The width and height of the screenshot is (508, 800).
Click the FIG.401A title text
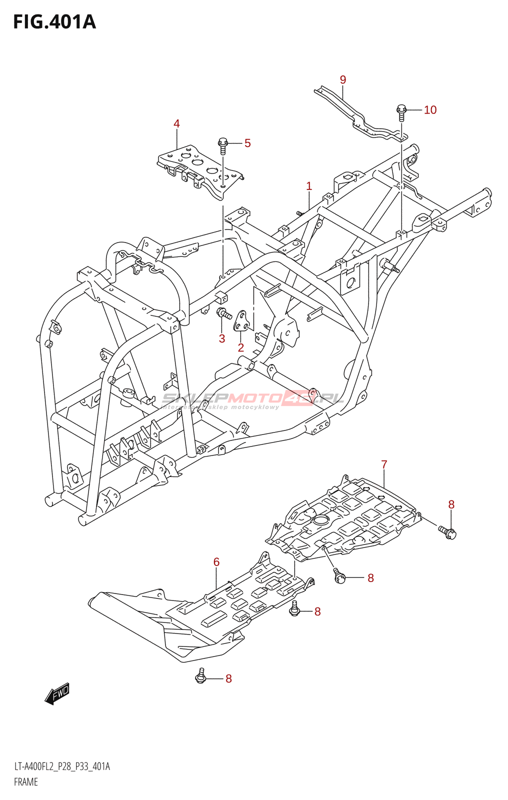tap(54, 22)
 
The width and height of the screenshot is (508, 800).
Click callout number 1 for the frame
tap(309, 186)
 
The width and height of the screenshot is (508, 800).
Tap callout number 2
tap(241, 347)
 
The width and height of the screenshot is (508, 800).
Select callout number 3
tap(222, 338)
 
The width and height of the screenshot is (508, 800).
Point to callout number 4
tap(176, 123)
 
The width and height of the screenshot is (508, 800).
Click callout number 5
tap(247, 143)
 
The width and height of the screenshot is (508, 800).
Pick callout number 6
tap(216, 562)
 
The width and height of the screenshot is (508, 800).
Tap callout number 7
tap(384, 464)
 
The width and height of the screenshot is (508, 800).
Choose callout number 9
tap(343, 80)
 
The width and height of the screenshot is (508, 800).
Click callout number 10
tap(430, 110)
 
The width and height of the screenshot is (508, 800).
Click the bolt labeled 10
tap(401, 111)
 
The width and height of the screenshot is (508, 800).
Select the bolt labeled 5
tap(223, 144)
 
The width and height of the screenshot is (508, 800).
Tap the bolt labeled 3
tap(223, 314)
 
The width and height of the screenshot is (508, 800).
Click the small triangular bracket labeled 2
tap(242, 321)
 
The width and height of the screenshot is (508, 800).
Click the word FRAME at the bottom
tap(26, 782)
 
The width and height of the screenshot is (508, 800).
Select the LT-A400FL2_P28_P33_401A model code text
tap(62, 766)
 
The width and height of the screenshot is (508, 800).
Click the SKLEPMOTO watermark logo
tap(252, 399)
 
